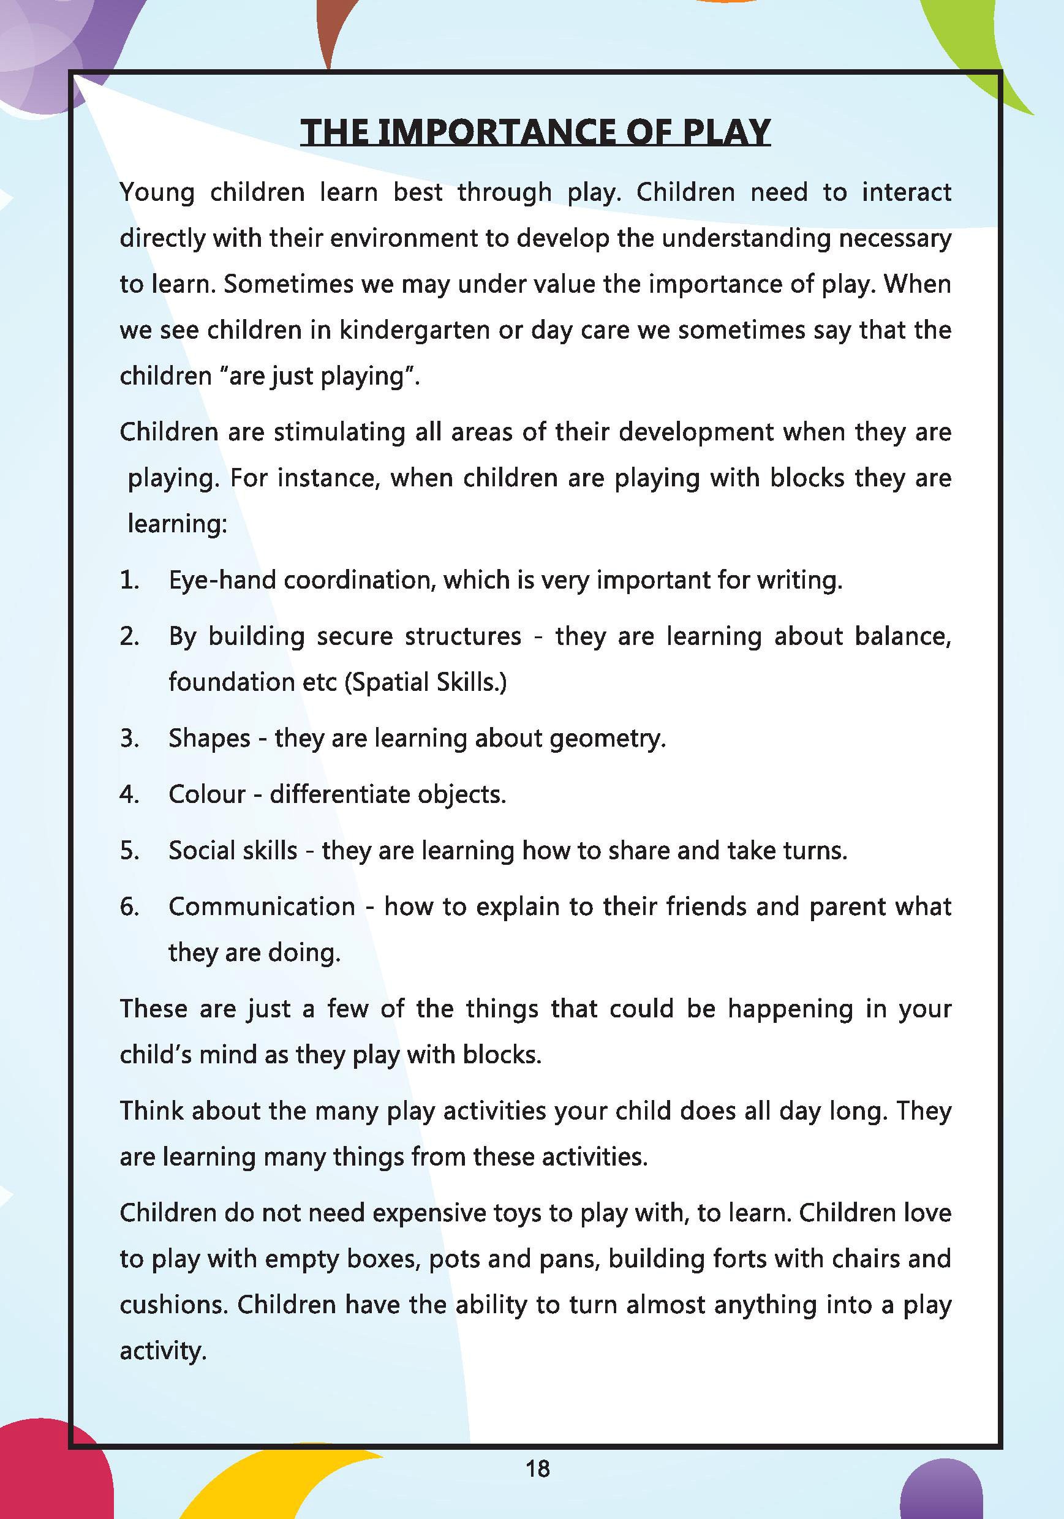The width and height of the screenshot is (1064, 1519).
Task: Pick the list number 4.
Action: (x=129, y=794)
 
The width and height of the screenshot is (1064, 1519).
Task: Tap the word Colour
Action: (x=206, y=794)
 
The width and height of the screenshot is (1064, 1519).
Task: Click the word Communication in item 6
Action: (x=262, y=907)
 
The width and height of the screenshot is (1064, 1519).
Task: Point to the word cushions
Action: (x=173, y=1305)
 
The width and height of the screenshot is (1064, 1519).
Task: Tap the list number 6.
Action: (x=129, y=907)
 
